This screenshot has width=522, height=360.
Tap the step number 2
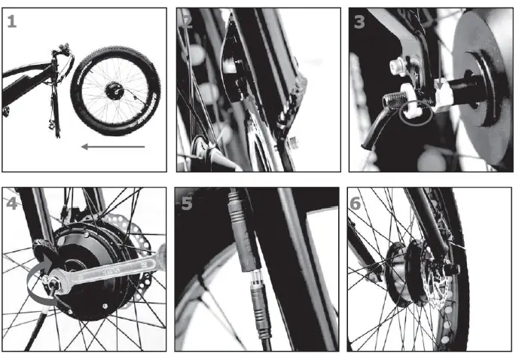(x=187, y=22)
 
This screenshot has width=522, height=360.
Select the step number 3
(x=359, y=22)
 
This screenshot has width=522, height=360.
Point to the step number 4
(x=11, y=203)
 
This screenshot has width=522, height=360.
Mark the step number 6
(x=356, y=203)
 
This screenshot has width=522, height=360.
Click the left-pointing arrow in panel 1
(x=113, y=146)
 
